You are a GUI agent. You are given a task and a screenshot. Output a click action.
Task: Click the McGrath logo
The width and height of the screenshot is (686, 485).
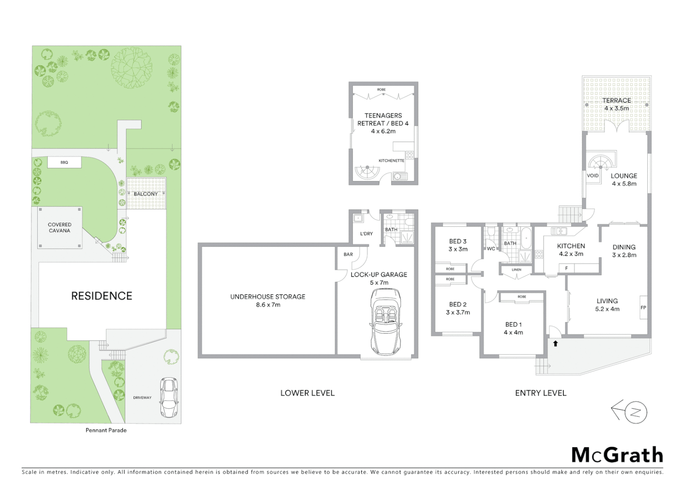click(x=617, y=455)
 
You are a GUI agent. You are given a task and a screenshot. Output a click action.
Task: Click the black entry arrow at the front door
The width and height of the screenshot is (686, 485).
click(x=555, y=344)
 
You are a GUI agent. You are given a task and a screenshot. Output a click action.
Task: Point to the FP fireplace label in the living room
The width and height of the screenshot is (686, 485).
click(x=643, y=308)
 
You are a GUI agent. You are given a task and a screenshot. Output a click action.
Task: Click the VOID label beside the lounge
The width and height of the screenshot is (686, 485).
click(x=593, y=176)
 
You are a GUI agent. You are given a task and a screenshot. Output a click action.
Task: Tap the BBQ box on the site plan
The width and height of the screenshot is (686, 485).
click(x=64, y=162)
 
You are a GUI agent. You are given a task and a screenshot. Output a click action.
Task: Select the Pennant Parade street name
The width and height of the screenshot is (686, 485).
click(x=106, y=430)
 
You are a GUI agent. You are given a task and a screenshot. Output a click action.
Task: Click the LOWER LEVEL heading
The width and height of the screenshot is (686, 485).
click(x=308, y=393)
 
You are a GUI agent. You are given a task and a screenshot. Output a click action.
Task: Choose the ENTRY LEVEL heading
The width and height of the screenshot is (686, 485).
click(x=541, y=393)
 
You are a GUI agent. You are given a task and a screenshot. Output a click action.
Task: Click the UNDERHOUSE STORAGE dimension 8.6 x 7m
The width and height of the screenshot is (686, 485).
click(x=268, y=304)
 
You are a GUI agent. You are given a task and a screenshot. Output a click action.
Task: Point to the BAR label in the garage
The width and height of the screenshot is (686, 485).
click(x=348, y=254)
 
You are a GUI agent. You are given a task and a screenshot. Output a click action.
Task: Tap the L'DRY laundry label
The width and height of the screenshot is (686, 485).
click(x=366, y=234)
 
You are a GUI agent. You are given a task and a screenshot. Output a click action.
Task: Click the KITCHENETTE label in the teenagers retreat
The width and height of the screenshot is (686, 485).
click(x=391, y=160)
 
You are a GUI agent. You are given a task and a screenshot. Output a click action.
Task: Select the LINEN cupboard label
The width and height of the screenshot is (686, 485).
click(x=516, y=269)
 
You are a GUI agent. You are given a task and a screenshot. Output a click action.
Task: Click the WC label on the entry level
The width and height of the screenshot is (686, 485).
click(x=491, y=248)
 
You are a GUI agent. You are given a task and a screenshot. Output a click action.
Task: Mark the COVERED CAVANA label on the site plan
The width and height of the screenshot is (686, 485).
click(x=60, y=228)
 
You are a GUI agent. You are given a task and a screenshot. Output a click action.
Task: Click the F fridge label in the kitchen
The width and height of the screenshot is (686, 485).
click(x=567, y=268)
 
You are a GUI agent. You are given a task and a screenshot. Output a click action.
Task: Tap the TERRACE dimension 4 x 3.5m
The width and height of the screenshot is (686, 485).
click(x=616, y=108)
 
